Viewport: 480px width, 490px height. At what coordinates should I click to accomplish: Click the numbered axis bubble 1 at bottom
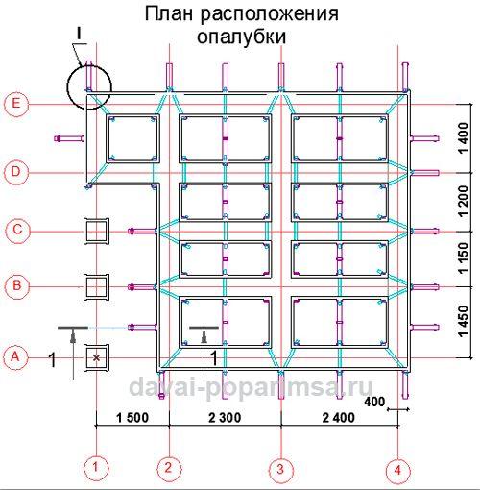[x=96, y=469]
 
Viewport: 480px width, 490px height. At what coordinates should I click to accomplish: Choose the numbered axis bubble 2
[x=169, y=469]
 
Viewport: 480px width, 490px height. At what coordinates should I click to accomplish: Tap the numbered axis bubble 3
[x=280, y=469]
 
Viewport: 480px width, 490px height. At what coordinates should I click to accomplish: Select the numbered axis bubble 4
[x=396, y=469]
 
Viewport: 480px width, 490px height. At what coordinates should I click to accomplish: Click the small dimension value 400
[x=374, y=400]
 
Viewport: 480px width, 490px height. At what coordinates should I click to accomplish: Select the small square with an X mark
[x=96, y=357]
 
